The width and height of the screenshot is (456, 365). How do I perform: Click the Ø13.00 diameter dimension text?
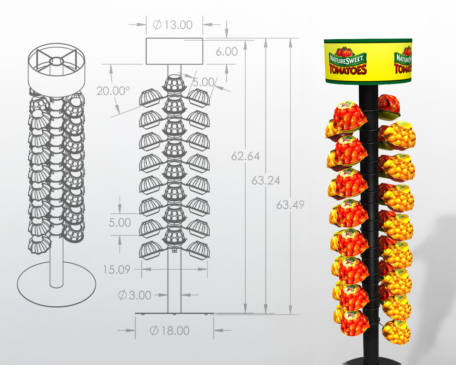tap(173, 25)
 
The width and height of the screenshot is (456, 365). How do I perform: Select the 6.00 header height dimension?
tap(227, 51)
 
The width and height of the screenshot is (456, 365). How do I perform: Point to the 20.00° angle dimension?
tap(113, 91)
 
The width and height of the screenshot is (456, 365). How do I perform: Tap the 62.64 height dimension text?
tap(245, 156)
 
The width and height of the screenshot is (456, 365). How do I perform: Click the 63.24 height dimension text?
tap(266, 181)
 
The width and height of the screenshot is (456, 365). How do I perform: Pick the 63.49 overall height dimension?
tap(290, 205)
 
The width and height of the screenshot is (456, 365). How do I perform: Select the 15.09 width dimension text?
tap(117, 270)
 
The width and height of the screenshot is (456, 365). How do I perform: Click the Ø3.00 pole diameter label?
tap(135, 295)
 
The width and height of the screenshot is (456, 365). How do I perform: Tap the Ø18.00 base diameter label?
tap(170, 331)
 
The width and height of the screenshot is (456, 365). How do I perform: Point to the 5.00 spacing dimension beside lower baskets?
tap(120, 223)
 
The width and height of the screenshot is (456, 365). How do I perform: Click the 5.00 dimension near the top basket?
tap(203, 82)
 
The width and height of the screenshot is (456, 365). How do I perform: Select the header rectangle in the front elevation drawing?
tap(174, 51)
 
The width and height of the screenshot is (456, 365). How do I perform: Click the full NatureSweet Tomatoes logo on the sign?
tap(348, 62)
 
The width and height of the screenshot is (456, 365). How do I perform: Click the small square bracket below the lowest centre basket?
tap(175, 251)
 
